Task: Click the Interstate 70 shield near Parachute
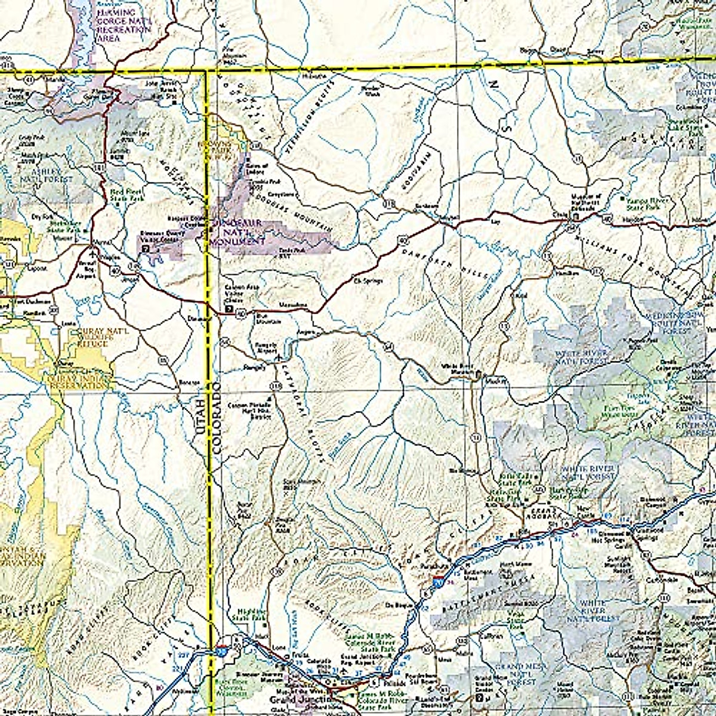[x=439, y=579]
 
